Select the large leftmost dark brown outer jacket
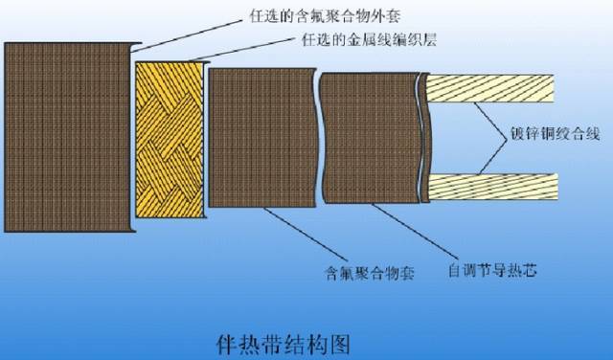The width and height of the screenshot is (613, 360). click(x=64, y=136)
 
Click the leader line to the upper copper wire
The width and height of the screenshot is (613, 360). click(x=492, y=116)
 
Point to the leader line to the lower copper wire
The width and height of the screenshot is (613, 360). click(x=492, y=159)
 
